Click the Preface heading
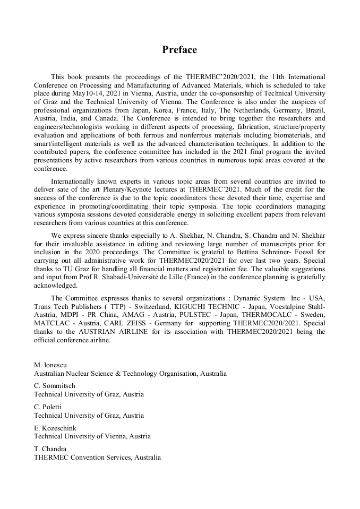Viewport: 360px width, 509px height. coord(179,50)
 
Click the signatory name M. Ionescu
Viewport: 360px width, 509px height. coord(50,365)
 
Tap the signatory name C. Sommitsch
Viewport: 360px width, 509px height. coord(55,386)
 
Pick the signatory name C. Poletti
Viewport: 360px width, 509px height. coord(50,407)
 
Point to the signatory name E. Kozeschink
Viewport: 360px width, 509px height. coord(55,428)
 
